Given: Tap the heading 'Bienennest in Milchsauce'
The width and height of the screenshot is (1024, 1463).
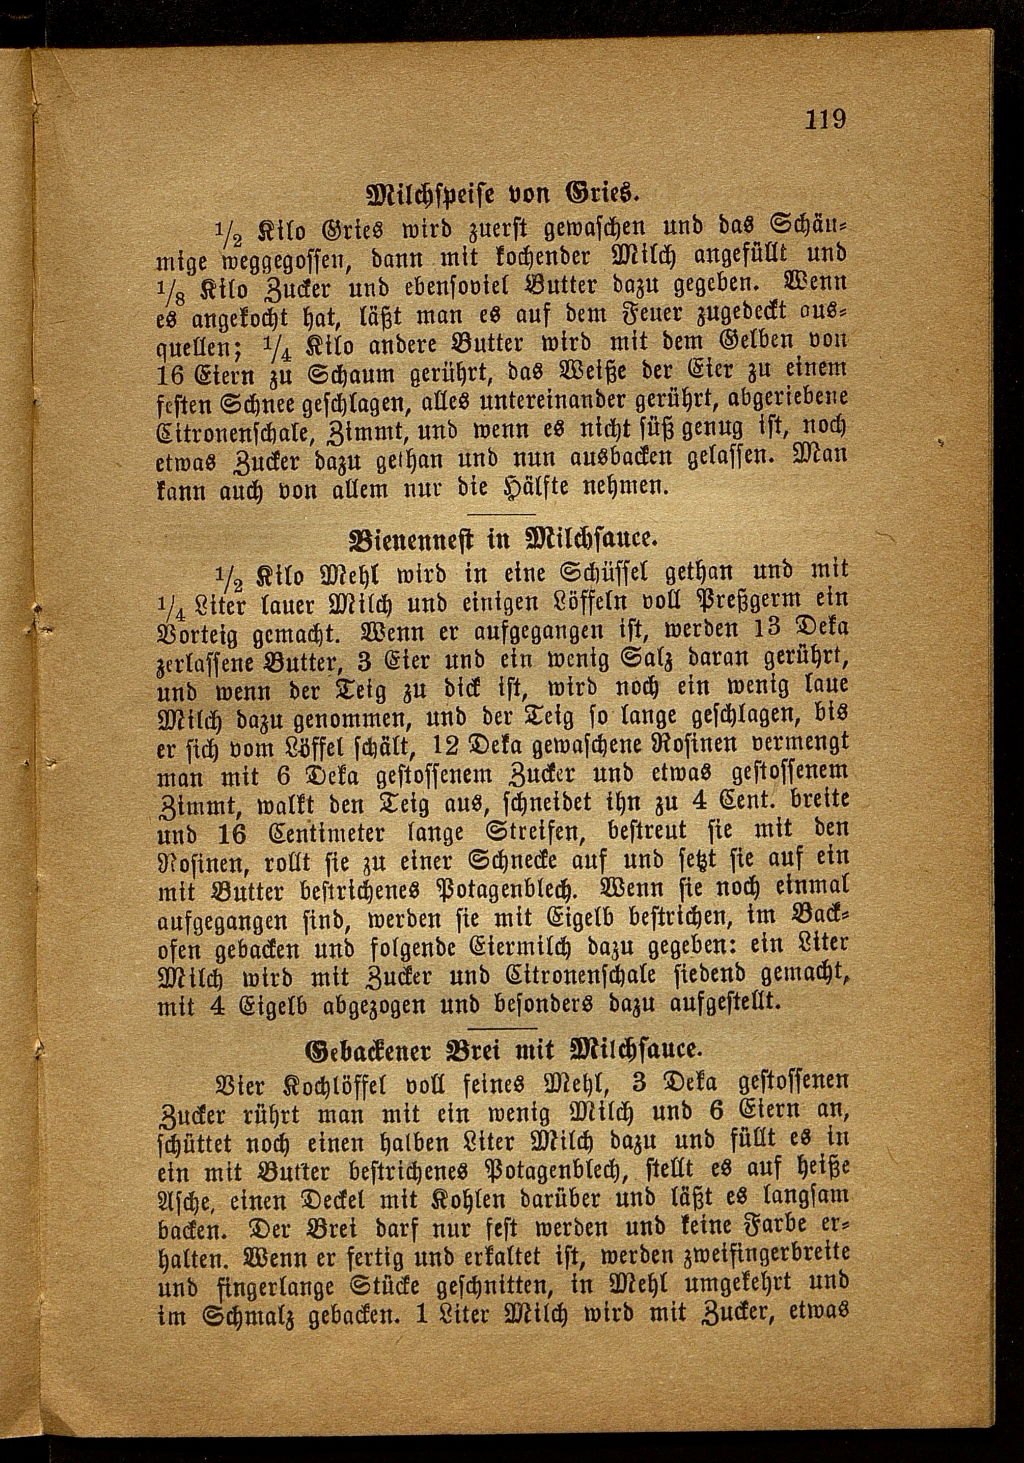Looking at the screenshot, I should point(503,540).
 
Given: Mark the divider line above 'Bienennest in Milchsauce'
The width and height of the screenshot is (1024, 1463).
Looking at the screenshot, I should point(503,514).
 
